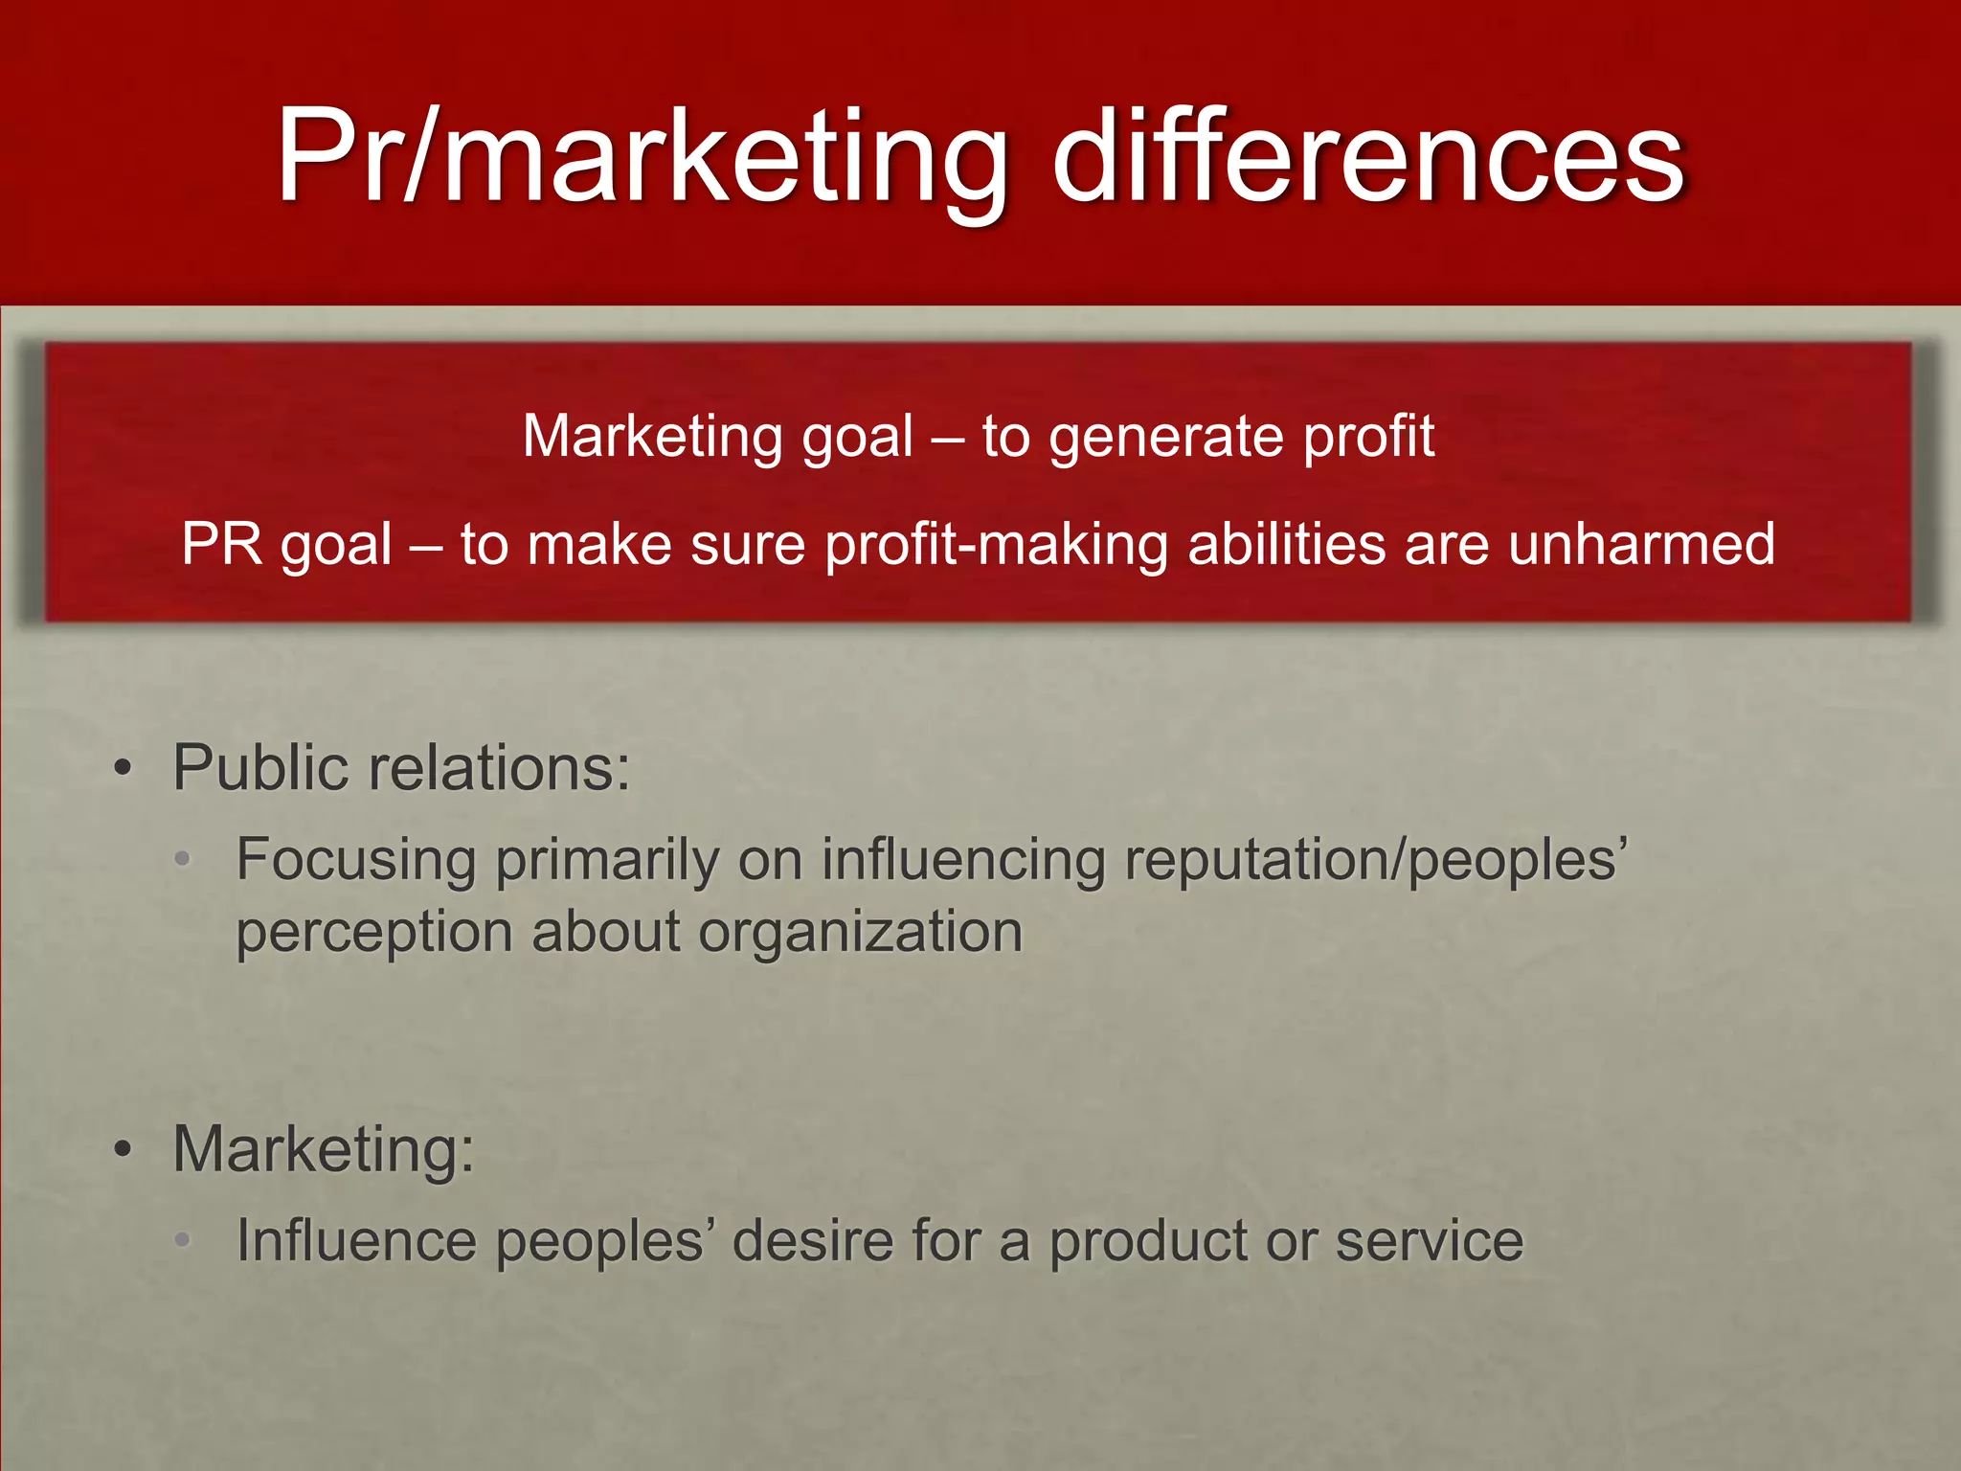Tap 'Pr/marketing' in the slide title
tap(642, 158)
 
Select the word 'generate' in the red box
tap(1163, 438)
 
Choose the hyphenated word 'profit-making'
tap(996, 546)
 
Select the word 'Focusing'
tap(356, 860)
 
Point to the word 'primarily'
tap(606, 860)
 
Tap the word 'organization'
tap(860, 934)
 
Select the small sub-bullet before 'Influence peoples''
tap(183, 1240)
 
